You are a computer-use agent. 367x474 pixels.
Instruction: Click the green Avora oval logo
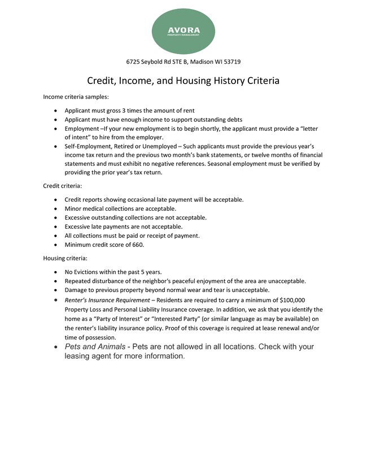pyautogui.click(x=183, y=29)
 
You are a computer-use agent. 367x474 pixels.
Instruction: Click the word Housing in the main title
pyautogui.click(x=217, y=81)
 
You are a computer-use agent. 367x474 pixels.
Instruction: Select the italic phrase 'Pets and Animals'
pyautogui.click(x=95, y=347)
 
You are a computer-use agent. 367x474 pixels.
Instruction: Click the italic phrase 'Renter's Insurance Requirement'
pyautogui.click(x=107, y=300)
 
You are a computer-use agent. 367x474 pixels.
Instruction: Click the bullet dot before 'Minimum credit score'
pyautogui.click(x=55, y=245)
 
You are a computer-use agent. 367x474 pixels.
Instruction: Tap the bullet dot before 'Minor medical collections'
pyautogui.click(x=55, y=209)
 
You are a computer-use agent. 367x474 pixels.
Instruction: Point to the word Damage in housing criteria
pyautogui.click(x=77, y=290)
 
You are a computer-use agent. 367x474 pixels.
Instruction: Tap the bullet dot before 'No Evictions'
pyautogui.click(x=55, y=272)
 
